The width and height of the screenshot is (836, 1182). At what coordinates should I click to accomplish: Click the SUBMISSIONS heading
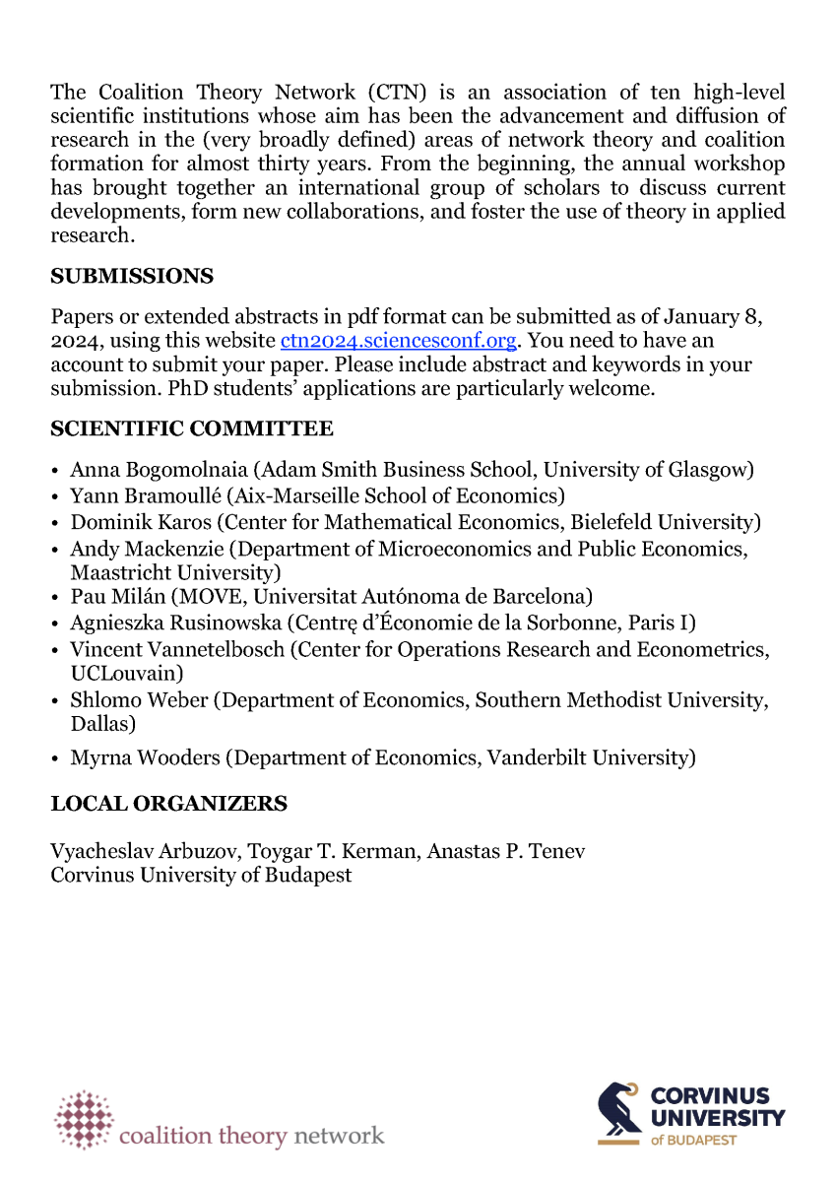[132, 277]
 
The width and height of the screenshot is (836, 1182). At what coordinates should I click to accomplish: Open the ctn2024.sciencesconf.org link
[399, 341]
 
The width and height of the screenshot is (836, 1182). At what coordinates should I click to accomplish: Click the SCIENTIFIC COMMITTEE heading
[192, 428]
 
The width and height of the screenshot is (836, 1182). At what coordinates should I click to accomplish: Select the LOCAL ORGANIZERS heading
[168, 804]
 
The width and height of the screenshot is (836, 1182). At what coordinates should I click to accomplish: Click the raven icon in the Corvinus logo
[620, 1110]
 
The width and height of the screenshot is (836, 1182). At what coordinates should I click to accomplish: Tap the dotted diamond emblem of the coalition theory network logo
[83, 1120]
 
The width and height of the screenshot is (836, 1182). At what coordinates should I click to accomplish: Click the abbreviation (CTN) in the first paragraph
[400, 93]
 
